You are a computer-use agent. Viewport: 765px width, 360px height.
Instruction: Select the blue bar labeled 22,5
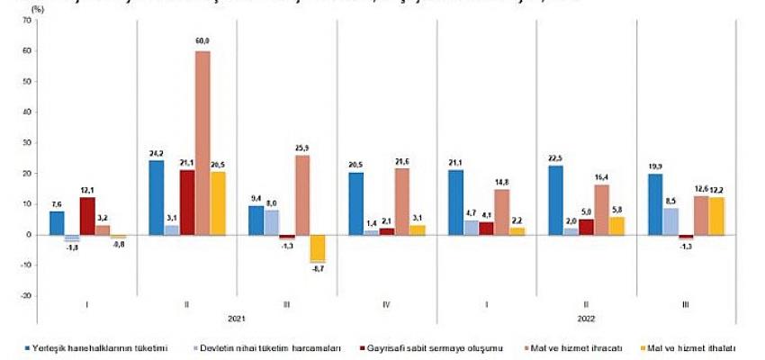[x=556, y=200]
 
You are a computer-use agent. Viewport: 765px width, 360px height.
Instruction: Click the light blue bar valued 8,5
[x=671, y=221]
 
